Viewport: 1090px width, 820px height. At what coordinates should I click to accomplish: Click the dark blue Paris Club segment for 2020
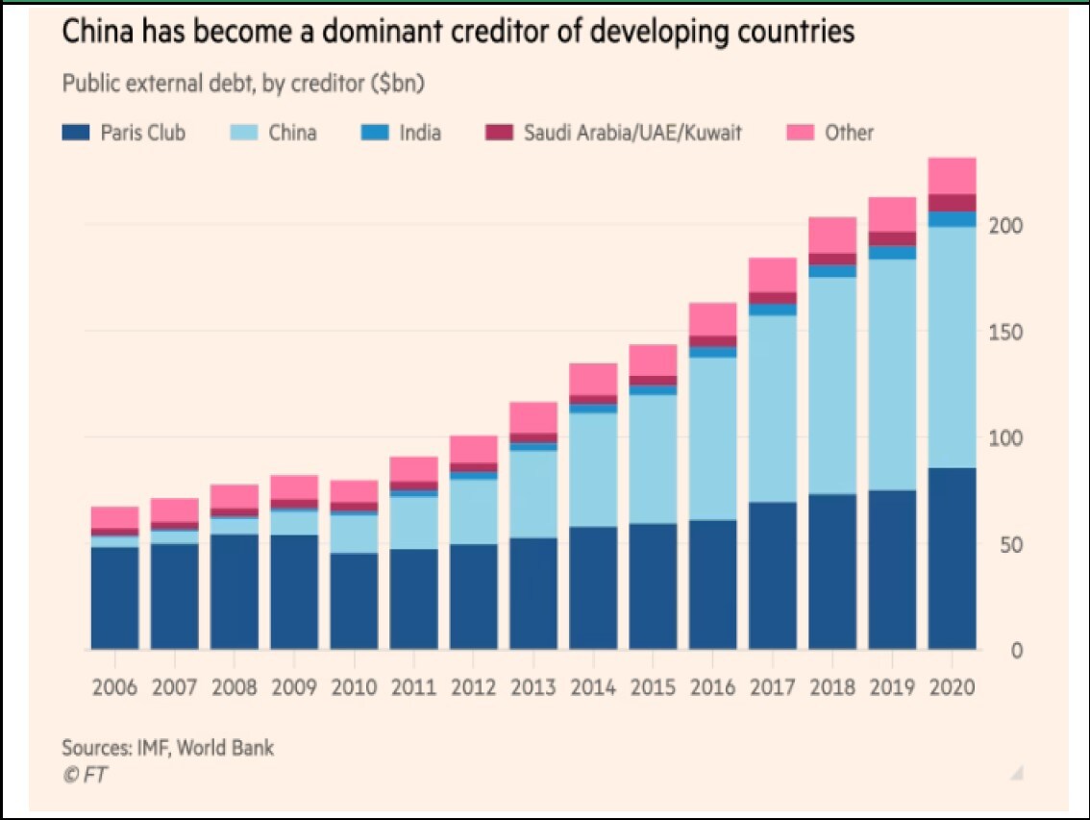coord(952,559)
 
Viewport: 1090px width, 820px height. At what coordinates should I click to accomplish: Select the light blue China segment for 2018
coord(832,385)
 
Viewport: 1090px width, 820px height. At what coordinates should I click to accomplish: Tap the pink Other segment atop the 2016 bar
coord(712,319)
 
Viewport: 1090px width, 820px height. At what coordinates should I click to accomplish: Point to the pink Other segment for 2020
coord(952,176)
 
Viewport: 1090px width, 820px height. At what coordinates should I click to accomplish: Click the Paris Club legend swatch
coord(76,133)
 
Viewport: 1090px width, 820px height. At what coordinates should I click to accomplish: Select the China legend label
coord(292,133)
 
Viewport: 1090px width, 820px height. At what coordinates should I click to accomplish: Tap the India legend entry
coord(420,133)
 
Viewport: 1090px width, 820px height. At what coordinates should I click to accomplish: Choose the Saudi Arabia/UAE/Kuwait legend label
coord(632,133)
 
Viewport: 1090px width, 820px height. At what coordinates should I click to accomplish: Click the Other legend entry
coord(849,133)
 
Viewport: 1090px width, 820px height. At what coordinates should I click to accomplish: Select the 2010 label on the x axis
coord(354,688)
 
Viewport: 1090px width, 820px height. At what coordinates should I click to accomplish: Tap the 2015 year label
coord(653,688)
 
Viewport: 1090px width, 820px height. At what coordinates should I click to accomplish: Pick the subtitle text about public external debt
coord(243,84)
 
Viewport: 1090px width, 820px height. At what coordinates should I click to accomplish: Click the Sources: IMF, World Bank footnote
coord(168,747)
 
